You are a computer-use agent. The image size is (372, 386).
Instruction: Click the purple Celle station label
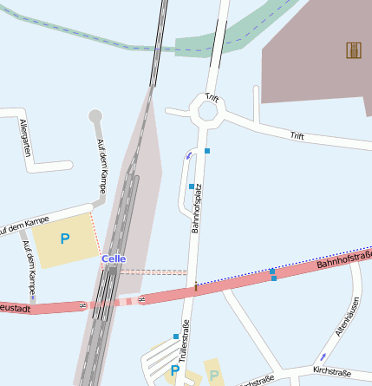coord(114,258)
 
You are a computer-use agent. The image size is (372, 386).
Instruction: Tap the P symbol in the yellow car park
coord(64,239)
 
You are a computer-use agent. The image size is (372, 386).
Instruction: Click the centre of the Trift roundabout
coord(208,111)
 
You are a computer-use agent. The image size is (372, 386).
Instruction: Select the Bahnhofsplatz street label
coord(197,208)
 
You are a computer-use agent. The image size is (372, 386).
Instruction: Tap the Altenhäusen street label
coord(347,317)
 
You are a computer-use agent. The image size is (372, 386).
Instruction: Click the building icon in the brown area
coord(353,50)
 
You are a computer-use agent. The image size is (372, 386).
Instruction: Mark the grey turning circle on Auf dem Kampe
coord(95,116)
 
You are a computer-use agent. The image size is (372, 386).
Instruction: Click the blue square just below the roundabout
coord(207,151)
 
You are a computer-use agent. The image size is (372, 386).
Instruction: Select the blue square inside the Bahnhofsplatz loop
coord(191,186)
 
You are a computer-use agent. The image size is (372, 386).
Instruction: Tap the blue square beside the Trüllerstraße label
coord(175,337)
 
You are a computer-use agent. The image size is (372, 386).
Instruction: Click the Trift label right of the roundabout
coord(297,135)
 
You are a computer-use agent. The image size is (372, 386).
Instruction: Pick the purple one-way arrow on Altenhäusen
coord(323,357)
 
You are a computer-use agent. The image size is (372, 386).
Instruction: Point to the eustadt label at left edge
coord(16,307)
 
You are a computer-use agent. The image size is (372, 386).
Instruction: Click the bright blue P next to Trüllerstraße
coord(175,371)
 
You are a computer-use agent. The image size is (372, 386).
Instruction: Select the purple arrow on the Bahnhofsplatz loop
coord(188,155)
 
